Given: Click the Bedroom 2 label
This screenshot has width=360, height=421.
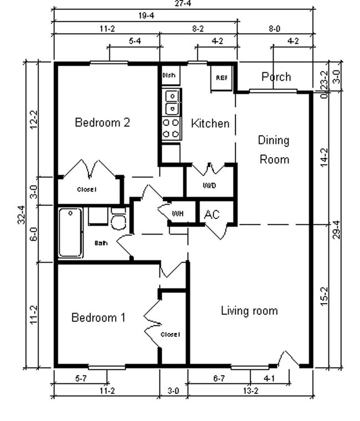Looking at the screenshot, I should [x=102, y=123].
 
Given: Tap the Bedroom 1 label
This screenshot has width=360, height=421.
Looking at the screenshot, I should [x=99, y=318].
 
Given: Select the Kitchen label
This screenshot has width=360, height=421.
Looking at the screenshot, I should [x=210, y=123].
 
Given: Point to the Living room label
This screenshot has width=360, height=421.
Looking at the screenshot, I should [x=249, y=311].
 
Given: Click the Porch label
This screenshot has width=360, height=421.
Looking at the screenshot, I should [x=276, y=77].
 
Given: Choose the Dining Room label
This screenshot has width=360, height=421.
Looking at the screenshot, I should [x=274, y=149].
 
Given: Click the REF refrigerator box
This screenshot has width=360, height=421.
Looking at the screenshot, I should [x=221, y=78].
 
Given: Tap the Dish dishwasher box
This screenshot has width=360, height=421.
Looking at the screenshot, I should [x=169, y=75].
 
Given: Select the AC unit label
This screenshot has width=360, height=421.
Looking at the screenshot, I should [x=212, y=215].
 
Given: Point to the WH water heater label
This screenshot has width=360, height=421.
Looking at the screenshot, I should [x=177, y=214].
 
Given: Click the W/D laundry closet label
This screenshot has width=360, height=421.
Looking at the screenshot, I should [x=209, y=185].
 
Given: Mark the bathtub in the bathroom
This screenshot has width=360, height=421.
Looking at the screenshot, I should [x=70, y=232].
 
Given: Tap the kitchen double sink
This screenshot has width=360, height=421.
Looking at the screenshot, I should [x=172, y=101].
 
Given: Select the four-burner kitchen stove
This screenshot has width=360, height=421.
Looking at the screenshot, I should [x=171, y=128].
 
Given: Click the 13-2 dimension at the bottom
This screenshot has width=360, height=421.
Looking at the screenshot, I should [x=250, y=391].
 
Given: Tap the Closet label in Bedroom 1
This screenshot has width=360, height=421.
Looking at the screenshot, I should [x=169, y=335].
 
